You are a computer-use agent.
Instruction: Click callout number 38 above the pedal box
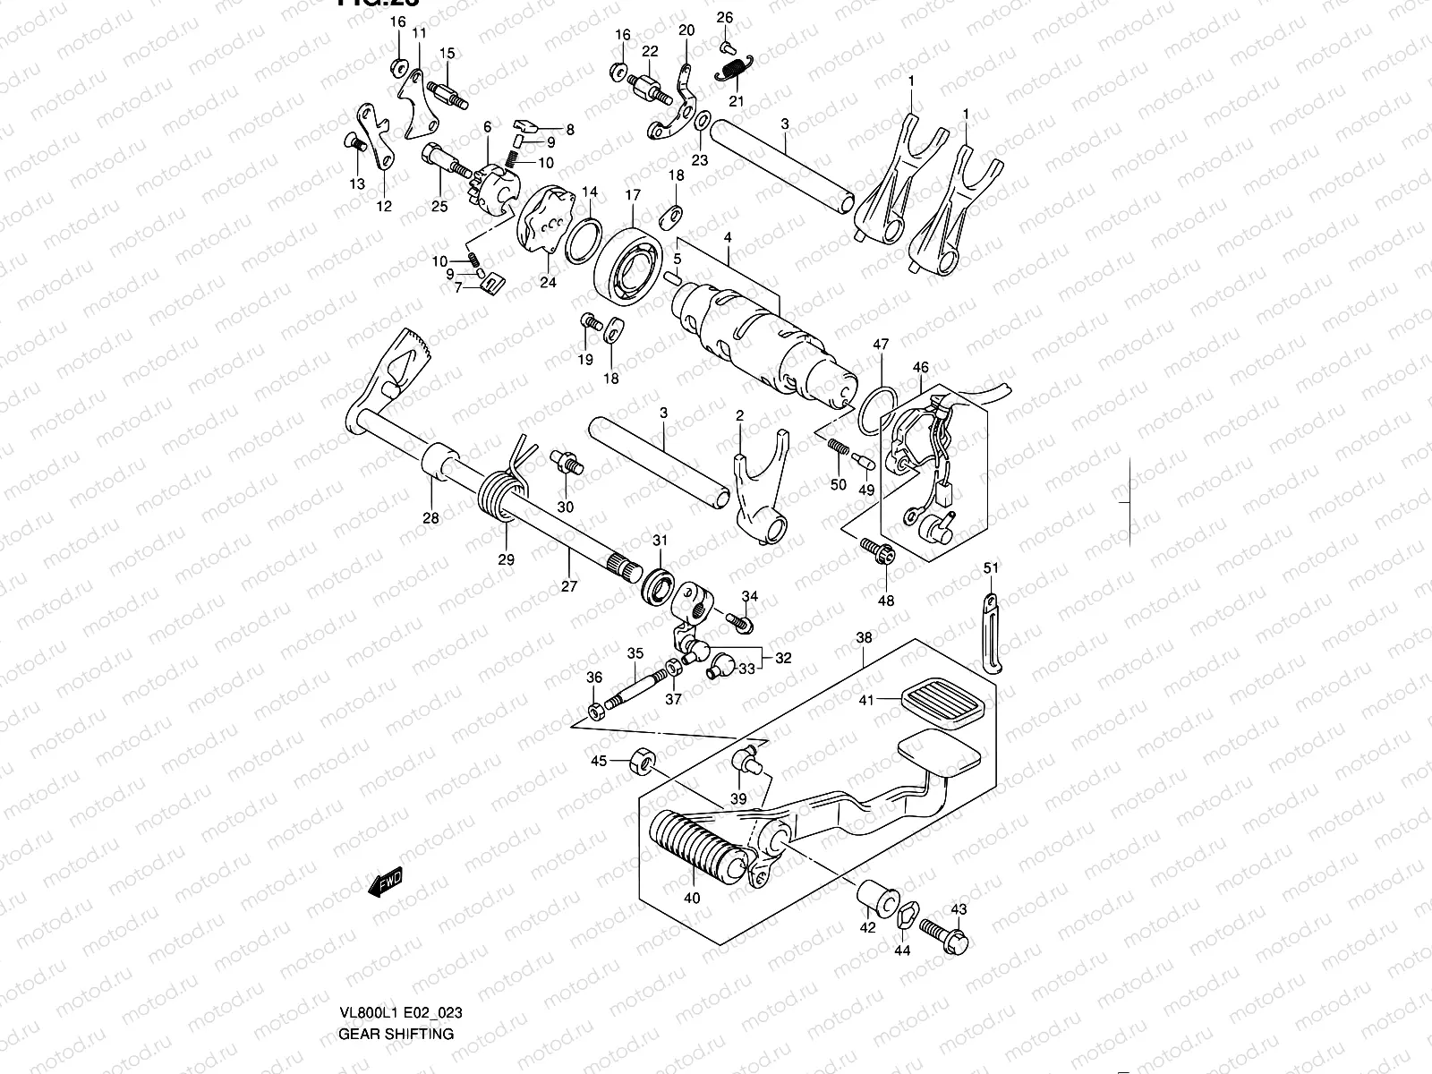click(863, 638)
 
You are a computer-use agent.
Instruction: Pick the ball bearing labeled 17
click(628, 260)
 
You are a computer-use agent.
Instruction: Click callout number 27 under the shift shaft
click(569, 586)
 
